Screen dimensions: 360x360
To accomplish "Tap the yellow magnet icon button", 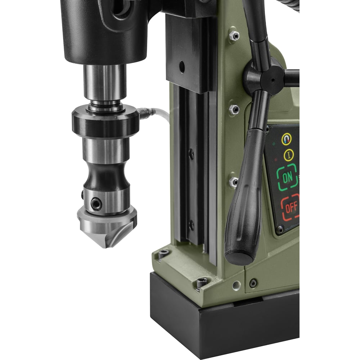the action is [x=287, y=139].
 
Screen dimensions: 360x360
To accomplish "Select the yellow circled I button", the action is [x=289, y=155].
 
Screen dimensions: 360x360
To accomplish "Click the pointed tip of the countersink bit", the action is [x=104, y=246].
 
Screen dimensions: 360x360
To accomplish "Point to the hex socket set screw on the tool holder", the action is [x=96, y=204].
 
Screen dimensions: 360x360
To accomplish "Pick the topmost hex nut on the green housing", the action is [x=234, y=35].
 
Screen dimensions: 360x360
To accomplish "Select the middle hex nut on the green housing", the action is [x=234, y=109].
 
